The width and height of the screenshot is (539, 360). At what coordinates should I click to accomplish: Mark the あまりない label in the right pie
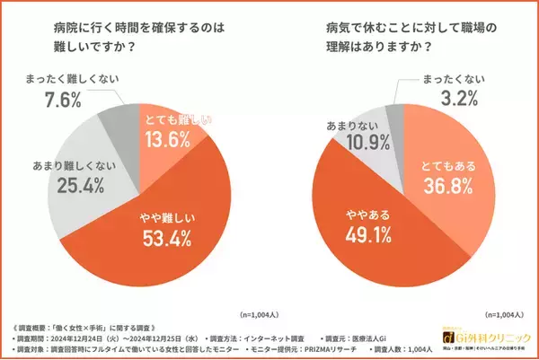[x=344, y=121]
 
